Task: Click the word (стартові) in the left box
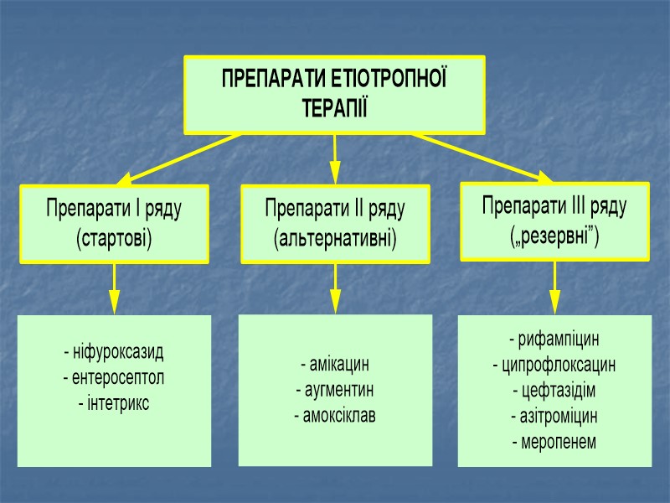coord(114,238)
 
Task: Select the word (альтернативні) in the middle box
coord(335,238)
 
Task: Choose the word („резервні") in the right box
coord(554,234)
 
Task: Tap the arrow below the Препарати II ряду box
coord(335,288)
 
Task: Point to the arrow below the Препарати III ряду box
coord(554,288)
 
